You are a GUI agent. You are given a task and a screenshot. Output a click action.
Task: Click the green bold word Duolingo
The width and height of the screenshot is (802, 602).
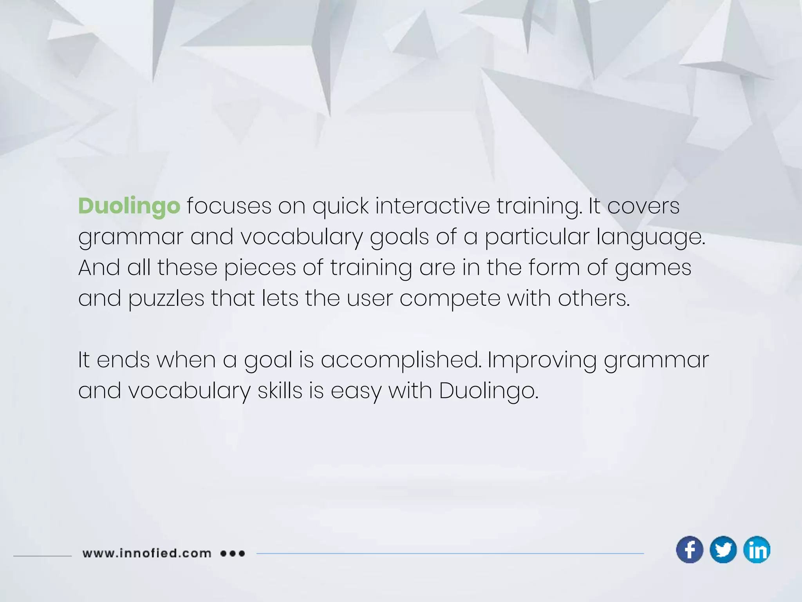pyautogui.click(x=129, y=206)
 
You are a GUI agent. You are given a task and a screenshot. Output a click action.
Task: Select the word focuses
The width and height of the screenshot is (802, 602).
pyautogui.click(x=229, y=206)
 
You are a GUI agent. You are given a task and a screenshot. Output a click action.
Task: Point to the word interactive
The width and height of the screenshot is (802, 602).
pyautogui.click(x=432, y=206)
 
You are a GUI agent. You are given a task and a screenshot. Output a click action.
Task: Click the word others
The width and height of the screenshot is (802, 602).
pyautogui.click(x=594, y=299)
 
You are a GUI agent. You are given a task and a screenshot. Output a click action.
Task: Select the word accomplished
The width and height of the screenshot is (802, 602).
pyautogui.click(x=401, y=361)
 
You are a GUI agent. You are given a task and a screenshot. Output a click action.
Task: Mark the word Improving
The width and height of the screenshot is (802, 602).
pyautogui.click(x=542, y=361)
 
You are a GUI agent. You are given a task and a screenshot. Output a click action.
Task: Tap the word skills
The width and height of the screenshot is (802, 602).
pyautogui.click(x=280, y=391)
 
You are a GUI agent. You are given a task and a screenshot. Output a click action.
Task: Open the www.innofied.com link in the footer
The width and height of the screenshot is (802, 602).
pyautogui.click(x=147, y=553)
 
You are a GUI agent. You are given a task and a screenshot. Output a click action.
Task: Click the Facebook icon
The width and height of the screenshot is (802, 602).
pyautogui.click(x=690, y=549)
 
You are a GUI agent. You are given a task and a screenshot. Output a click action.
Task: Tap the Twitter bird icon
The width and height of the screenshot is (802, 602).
pyautogui.click(x=723, y=549)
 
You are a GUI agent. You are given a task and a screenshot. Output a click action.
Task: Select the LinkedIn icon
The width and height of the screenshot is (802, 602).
pyautogui.click(x=757, y=549)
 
